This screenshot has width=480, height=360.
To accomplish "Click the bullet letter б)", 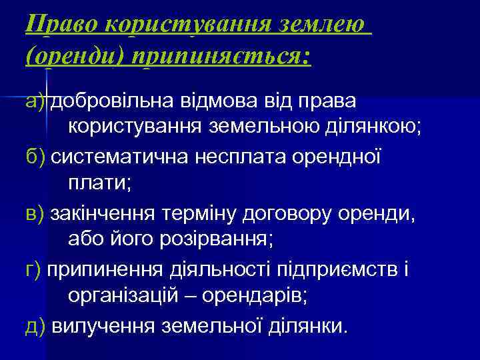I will (x=35, y=158).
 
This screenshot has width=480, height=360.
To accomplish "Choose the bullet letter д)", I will (x=35, y=327).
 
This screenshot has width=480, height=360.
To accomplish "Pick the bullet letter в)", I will (x=35, y=215).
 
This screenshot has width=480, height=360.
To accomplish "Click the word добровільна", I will (x=109, y=101).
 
